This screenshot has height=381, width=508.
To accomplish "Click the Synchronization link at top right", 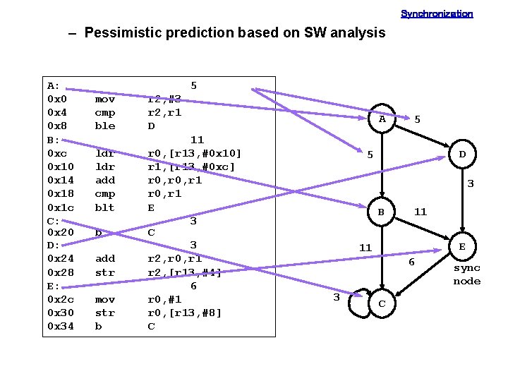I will (437, 13).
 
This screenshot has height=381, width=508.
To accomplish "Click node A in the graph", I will (382, 119).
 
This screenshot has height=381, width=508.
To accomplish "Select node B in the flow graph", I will (381, 211).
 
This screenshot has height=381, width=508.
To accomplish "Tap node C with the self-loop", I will (382, 303).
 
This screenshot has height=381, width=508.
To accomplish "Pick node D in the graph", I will (462, 154).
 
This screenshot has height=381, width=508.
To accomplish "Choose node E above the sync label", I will (462, 247).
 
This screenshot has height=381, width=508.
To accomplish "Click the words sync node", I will (466, 274).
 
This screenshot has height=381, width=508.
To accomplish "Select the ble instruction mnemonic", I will (104, 126).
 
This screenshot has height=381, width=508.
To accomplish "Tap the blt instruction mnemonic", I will (104, 207).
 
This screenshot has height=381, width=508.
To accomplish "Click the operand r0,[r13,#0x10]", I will (194, 153).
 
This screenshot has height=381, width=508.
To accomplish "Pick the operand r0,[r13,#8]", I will (184, 313).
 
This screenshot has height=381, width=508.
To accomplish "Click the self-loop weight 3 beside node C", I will (337, 298).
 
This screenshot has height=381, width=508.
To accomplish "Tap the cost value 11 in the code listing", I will (197, 140).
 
